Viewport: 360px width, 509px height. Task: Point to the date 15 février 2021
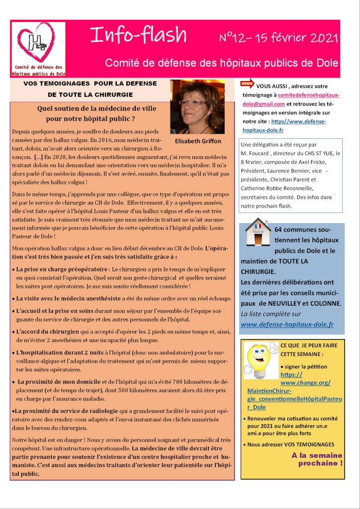pyautogui.click(x=297, y=38)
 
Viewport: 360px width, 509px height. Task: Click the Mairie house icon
pyautogui.click(x=258, y=234)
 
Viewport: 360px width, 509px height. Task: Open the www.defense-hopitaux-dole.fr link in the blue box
pyautogui.click(x=287, y=324)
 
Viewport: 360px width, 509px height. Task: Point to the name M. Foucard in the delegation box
pyautogui.click(x=260, y=153)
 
